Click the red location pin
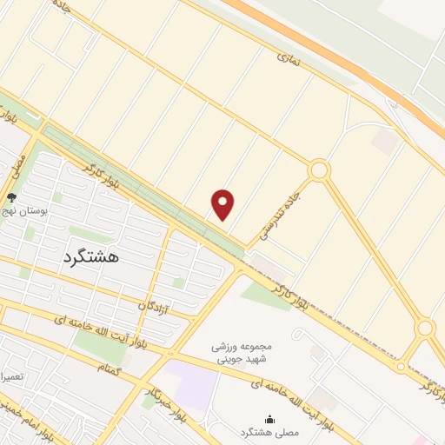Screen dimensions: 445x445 pos(223,204)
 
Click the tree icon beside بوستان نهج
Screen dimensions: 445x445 pos(11,198)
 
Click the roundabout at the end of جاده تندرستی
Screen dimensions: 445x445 pos(318,169)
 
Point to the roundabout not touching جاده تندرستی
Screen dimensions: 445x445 pos(424,329)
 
